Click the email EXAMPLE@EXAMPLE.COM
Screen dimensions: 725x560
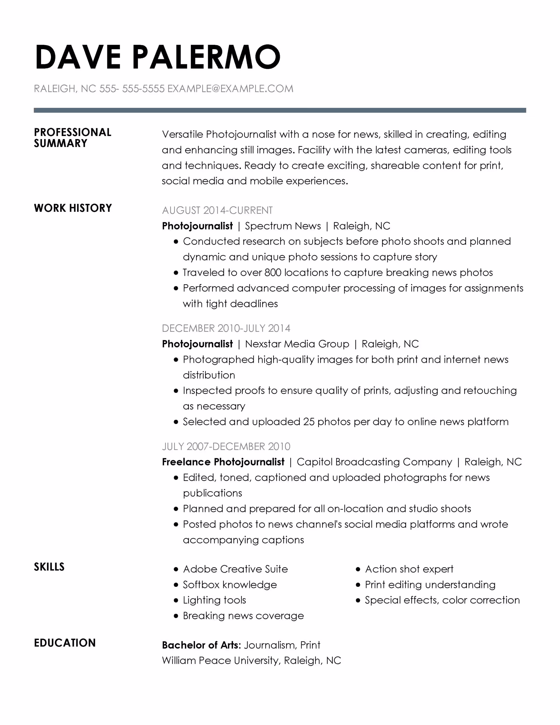tap(230, 89)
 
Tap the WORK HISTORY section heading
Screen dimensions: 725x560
tap(73, 208)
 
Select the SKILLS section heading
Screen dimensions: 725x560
tap(49, 567)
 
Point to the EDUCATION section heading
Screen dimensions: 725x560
tap(65, 643)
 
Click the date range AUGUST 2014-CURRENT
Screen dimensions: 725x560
tap(217, 210)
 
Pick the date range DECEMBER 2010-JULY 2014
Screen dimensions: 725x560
tap(226, 328)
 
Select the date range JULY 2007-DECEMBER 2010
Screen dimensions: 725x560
tap(226, 447)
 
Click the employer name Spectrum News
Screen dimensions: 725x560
tap(283, 226)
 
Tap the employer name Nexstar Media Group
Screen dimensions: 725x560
tap(297, 344)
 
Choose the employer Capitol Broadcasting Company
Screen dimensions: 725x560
tap(374, 462)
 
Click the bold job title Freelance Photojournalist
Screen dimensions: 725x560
tap(223, 462)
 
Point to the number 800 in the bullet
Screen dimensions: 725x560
tap(273, 272)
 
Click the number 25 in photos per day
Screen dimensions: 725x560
tap(308, 422)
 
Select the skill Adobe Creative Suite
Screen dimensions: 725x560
tap(235, 569)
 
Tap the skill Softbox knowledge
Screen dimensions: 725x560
tap(230, 585)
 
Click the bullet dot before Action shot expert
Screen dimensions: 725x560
tap(358, 569)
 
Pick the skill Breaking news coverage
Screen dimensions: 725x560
tap(243, 616)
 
